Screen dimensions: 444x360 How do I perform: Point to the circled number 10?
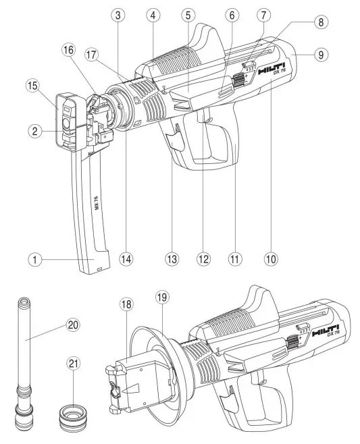(x=272, y=258)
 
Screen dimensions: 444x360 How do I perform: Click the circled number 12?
(x=201, y=258)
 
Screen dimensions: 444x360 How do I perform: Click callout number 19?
(x=160, y=295)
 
